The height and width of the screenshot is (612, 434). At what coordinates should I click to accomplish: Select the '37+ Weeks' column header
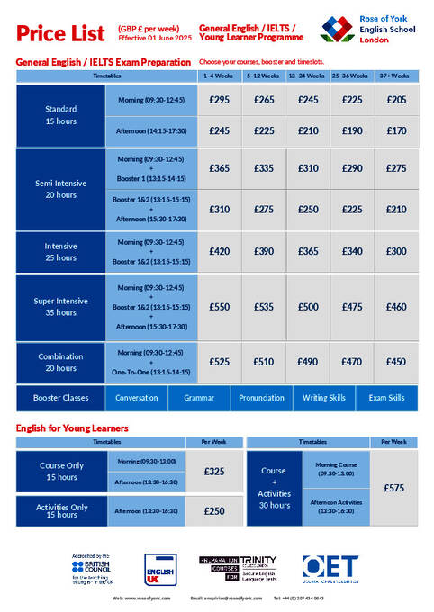(x=396, y=77)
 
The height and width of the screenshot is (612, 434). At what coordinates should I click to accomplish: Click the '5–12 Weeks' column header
(x=264, y=77)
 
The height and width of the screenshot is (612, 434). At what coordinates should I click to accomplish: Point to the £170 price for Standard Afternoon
(x=396, y=130)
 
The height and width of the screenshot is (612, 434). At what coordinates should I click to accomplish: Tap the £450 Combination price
(x=396, y=362)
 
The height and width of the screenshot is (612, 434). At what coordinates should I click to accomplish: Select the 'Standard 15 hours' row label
(x=61, y=115)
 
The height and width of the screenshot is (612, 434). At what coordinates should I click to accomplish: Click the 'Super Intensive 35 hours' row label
(x=61, y=307)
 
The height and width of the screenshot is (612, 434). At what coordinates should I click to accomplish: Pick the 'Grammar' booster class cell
(x=199, y=397)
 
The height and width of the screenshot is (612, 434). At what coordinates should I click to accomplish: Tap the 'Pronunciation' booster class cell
(x=262, y=397)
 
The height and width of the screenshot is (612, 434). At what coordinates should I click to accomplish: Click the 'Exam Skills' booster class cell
(x=387, y=397)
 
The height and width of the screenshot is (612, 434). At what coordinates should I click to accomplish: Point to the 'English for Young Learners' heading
(x=72, y=427)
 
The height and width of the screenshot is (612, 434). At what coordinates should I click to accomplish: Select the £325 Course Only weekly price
(x=214, y=471)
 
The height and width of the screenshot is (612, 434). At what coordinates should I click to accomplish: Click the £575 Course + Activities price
(x=394, y=488)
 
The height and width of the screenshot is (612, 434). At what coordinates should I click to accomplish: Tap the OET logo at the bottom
(x=330, y=568)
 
